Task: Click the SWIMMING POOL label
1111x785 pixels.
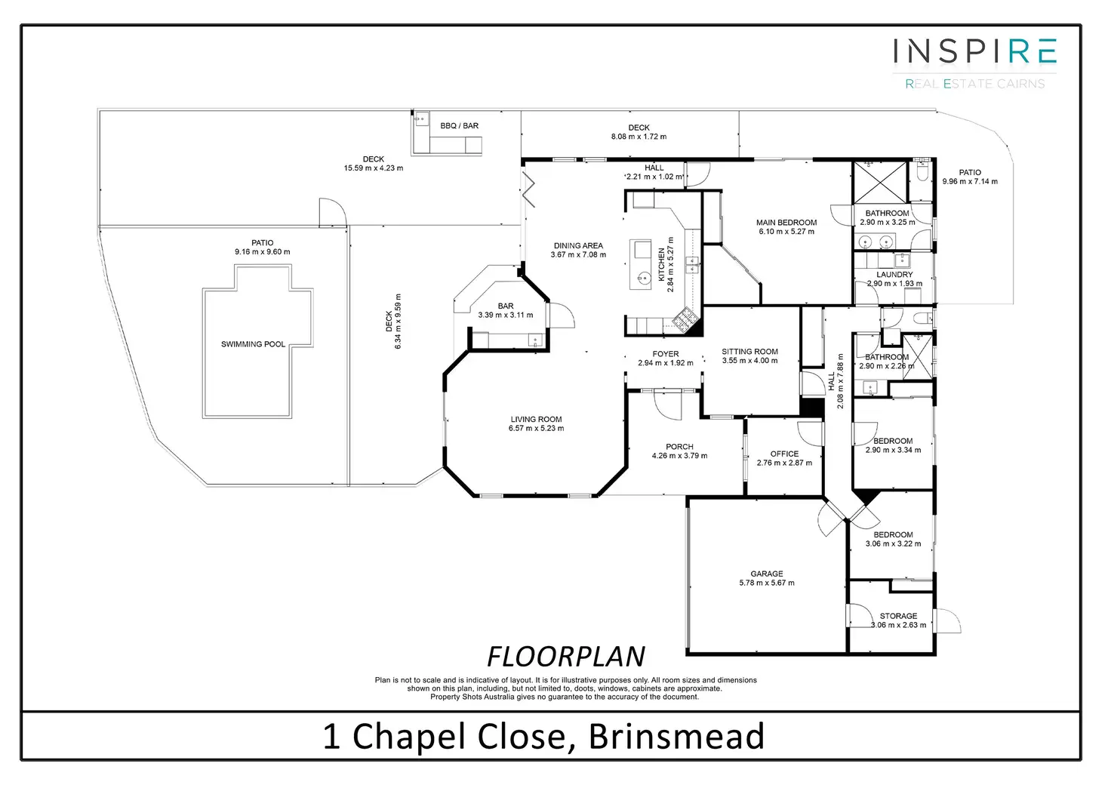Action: [x=253, y=344]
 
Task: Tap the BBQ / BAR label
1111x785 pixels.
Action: [x=460, y=126]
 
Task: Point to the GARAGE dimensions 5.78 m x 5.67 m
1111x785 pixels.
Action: [x=767, y=583]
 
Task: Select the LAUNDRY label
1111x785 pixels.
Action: [x=894, y=275]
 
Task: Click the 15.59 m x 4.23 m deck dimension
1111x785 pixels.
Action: [x=374, y=168]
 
